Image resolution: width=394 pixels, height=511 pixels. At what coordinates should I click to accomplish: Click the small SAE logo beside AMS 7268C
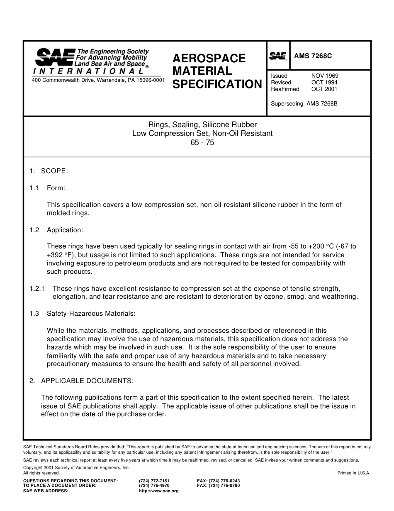point(278,56)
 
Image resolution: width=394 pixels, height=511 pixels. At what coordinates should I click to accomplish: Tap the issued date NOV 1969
point(325,76)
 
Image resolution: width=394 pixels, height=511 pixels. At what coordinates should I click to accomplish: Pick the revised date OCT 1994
point(325,82)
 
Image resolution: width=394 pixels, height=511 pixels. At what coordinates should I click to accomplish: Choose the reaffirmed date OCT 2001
point(325,89)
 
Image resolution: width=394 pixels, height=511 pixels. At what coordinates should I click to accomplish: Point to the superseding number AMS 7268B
point(322,104)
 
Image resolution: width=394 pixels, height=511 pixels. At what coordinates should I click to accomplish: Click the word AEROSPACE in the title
point(209,58)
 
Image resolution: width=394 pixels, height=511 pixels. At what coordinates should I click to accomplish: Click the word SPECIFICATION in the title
point(217,84)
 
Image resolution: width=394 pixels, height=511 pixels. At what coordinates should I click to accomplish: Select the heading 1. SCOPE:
point(49,171)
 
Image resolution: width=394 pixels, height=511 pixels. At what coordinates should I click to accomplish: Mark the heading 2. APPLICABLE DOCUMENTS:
point(81,381)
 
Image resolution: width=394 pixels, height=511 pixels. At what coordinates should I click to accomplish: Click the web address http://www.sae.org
point(158,491)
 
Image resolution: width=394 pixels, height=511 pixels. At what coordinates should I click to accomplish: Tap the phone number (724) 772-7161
point(154,481)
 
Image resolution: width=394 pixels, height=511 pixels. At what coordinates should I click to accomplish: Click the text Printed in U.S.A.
point(354,473)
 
